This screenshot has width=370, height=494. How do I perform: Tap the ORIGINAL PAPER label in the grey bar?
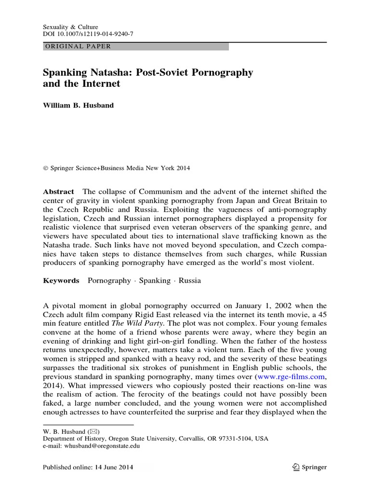pos(78,46)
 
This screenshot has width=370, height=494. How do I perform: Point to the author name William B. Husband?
pos(79,105)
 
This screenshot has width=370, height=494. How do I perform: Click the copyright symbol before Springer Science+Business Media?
pos(46,168)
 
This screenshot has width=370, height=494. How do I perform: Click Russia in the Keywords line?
pos(190,280)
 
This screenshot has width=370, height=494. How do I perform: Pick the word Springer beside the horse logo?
pos(314,467)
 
